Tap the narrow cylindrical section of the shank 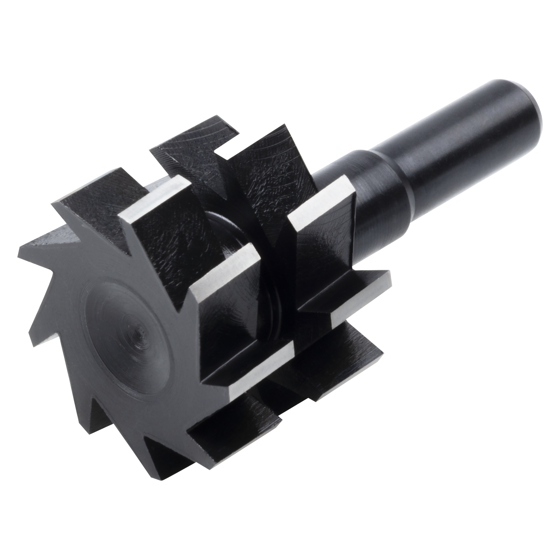(452, 151)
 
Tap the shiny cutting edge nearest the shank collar (322, 200)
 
